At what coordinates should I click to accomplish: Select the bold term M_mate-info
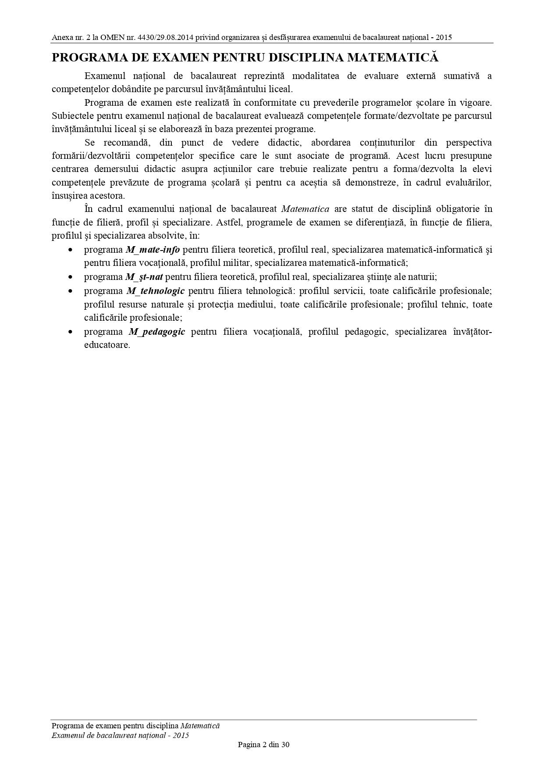point(153,250)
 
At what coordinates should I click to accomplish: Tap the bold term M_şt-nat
point(144,277)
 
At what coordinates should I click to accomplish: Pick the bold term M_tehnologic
point(155,290)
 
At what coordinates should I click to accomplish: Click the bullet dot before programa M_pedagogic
point(70,332)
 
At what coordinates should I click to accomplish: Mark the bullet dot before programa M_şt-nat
point(70,277)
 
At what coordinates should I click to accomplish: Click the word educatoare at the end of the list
point(107,345)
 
